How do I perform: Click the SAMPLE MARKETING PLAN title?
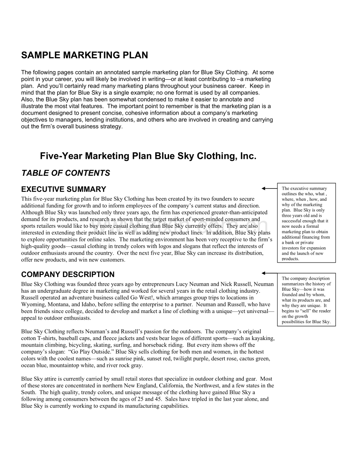pos(85,56)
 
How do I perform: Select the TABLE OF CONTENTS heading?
pos(66,173)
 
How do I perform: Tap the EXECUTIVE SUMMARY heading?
pos(63,189)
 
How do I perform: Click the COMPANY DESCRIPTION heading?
pos(68,274)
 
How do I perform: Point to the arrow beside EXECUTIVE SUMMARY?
pos(269,189)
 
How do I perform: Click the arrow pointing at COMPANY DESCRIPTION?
pos(269,273)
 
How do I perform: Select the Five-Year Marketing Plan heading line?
pos(148,156)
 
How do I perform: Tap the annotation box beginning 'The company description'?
pos(306,300)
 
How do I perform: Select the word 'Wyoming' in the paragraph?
pos(32,304)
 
